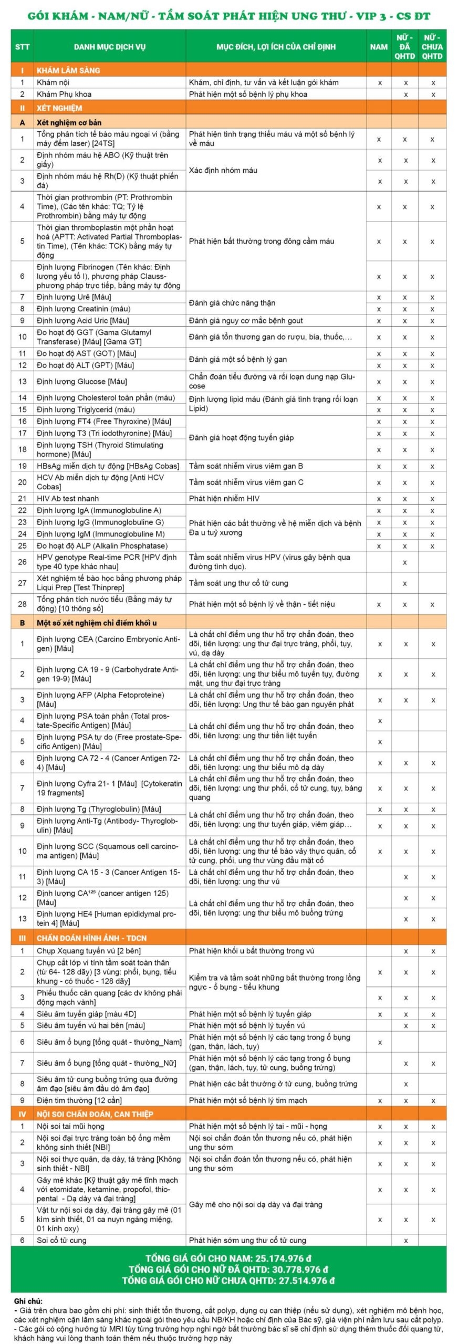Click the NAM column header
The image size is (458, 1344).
click(x=379, y=47)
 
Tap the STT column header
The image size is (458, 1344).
click(x=22, y=47)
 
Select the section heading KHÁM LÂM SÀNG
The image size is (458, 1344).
click(x=68, y=70)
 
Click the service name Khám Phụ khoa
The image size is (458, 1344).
click(x=64, y=94)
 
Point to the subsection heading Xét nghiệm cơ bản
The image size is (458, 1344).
click(x=69, y=122)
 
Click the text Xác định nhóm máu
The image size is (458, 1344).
click(x=223, y=171)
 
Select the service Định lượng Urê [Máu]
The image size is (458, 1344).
click(x=74, y=297)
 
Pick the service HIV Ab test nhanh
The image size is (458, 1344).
click(x=68, y=499)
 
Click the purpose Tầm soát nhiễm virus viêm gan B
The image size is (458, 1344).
click(x=246, y=466)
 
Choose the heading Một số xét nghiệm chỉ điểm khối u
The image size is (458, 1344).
click(x=97, y=623)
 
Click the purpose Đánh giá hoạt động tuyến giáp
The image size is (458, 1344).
click(x=241, y=438)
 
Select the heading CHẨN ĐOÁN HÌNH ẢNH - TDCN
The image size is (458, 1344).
click(x=91, y=938)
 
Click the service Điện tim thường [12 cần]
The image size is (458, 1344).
click(x=79, y=1100)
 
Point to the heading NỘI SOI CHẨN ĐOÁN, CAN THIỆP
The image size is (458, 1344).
click(x=95, y=1114)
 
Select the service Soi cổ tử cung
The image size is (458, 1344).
click(x=61, y=1240)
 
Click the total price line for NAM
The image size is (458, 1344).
click(x=228, y=1258)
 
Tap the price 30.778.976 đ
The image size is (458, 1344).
click(x=296, y=1269)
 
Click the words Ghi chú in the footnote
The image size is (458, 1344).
click(x=28, y=1301)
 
